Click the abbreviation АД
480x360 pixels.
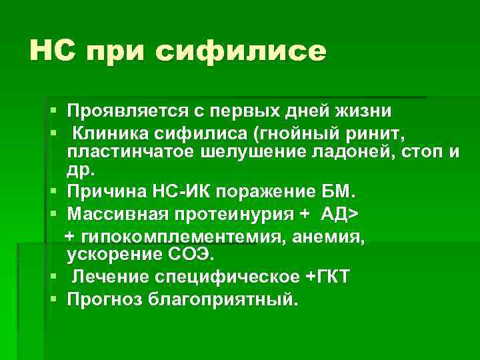point(335,215)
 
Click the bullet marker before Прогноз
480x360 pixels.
point(54,297)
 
